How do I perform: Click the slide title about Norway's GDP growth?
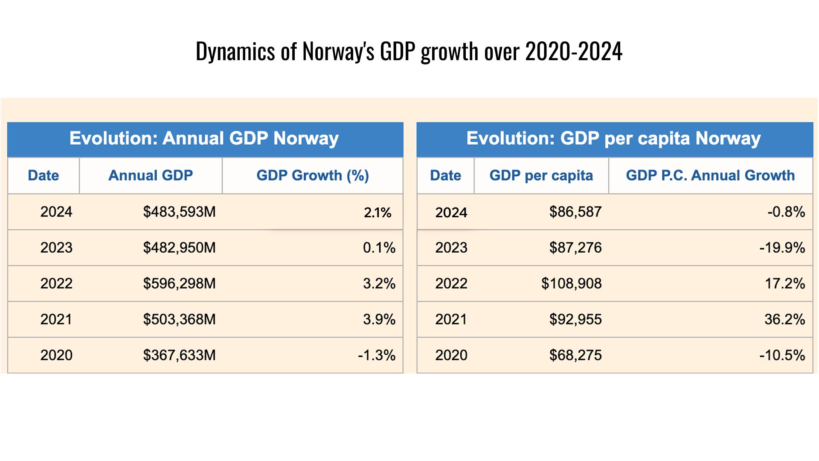pos(409,51)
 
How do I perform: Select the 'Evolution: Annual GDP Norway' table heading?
pos(204,138)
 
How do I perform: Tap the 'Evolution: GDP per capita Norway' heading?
pos(613,138)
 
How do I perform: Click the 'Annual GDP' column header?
pos(151,175)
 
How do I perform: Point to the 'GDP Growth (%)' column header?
pos(313,175)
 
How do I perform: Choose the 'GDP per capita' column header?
pos(541,175)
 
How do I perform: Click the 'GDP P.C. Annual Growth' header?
pos(710,175)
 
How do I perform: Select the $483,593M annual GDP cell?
pos(179,212)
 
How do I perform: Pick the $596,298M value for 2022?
pos(179,283)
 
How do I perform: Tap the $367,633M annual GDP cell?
pos(179,355)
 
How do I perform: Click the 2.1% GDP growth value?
pos(378,212)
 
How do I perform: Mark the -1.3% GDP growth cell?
pos(377,355)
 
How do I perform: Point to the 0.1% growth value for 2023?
pos(379,248)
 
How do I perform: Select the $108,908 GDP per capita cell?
pos(571,283)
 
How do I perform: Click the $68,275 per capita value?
pos(575,355)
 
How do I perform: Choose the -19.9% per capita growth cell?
pos(782,248)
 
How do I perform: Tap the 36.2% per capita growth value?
pos(784,319)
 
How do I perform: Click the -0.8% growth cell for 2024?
pos(786,212)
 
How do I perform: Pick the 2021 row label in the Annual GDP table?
pos(56,319)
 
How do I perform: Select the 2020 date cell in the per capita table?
pos(451,355)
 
